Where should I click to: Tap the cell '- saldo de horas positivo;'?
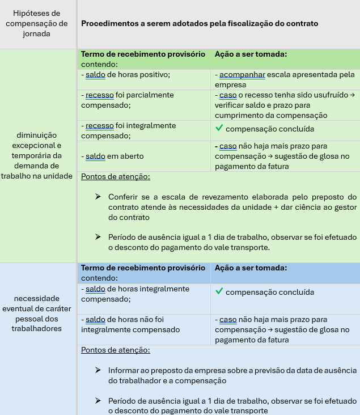[x=126, y=74]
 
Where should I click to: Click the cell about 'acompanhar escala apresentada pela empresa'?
[x=285, y=79]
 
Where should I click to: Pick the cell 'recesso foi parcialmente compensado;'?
[x=128, y=100]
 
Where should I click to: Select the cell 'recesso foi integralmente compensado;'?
[x=129, y=130]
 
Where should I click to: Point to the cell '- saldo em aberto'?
[x=113, y=156]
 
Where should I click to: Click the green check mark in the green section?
[x=219, y=128]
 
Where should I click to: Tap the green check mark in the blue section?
[x=219, y=291]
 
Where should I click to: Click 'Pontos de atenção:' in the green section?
[x=116, y=176]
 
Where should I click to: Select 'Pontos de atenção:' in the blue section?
[x=116, y=350]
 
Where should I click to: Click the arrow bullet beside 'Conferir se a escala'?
[x=98, y=197]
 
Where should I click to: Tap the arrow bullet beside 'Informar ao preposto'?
[x=98, y=370]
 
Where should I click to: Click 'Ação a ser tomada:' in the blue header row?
[x=251, y=268]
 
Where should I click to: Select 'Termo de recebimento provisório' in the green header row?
[x=143, y=54]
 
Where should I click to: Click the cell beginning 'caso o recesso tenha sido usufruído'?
[x=285, y=105]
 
